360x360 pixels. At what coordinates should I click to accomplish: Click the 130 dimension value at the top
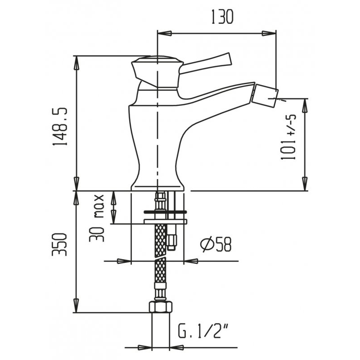222,17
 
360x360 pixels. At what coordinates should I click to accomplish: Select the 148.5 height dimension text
60,126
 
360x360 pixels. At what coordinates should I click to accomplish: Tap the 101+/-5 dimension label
288,138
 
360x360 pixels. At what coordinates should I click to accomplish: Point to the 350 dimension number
59,244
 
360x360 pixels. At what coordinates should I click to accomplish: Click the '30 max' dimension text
96,218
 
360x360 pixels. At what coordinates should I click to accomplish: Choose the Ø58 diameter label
216,244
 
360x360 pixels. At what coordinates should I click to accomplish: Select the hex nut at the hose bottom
161,307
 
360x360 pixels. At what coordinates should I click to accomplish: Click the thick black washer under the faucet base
165,211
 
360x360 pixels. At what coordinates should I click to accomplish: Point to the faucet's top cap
157,61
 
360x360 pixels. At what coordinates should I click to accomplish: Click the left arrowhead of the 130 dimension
164,33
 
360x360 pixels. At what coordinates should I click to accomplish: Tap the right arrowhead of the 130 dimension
269,33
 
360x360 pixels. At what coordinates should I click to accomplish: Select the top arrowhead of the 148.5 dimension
76,63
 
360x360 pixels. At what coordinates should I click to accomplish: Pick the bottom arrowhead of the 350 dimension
76,305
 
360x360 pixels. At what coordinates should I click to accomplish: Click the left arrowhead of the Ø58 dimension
124,261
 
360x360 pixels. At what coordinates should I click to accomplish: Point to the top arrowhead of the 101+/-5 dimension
306,106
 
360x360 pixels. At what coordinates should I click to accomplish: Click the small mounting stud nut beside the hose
172,243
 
